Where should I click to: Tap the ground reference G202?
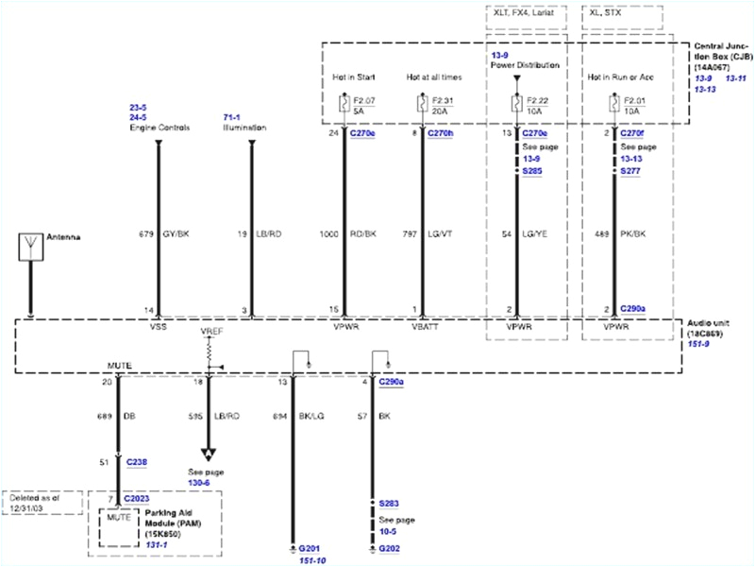pos(390,548)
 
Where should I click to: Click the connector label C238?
pos(136,463)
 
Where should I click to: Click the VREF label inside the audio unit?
pos(210,333)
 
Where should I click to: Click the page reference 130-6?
pos(205,482)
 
